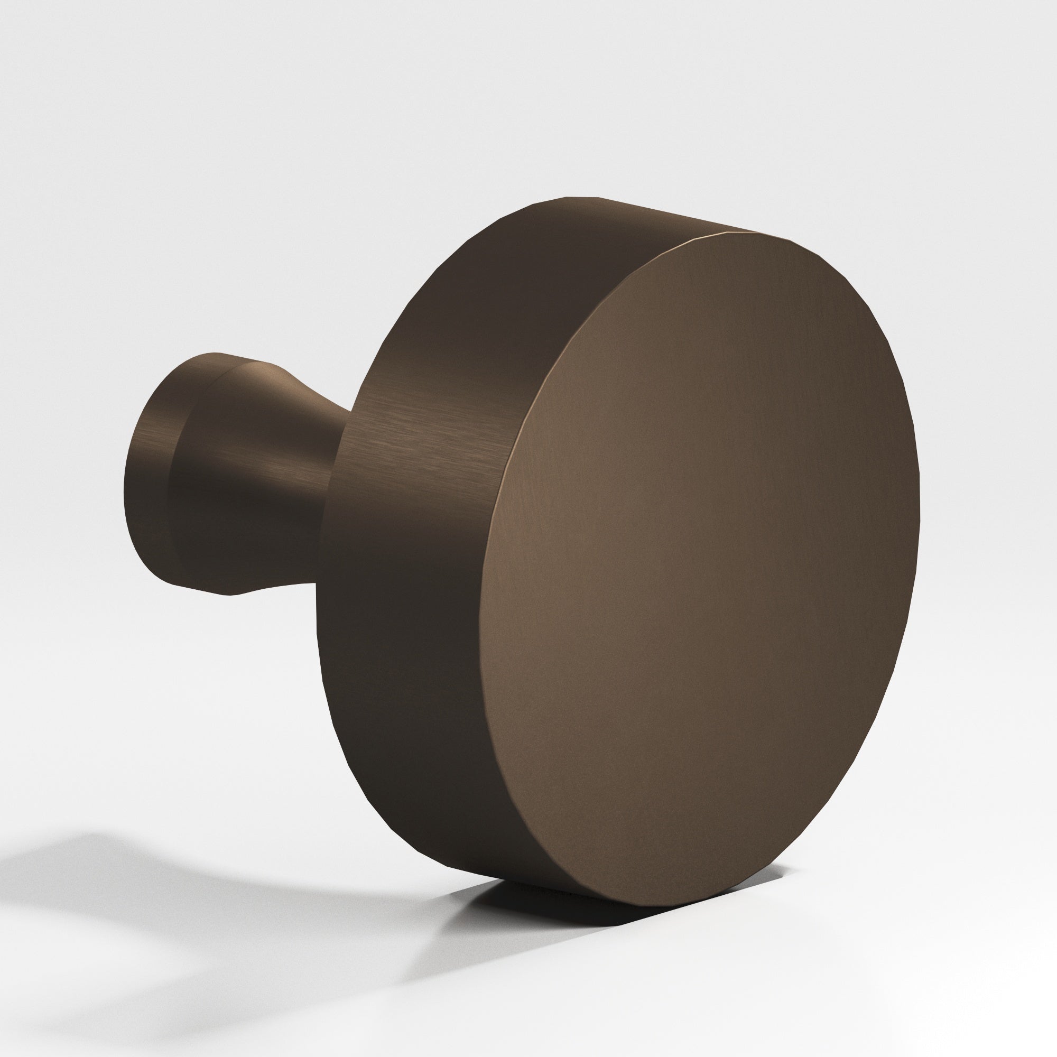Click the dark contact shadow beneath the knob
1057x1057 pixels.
[x=547, y=908]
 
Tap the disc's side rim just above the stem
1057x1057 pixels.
[x=416, y=350]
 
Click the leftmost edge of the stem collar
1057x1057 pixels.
[x=125, y=481]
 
